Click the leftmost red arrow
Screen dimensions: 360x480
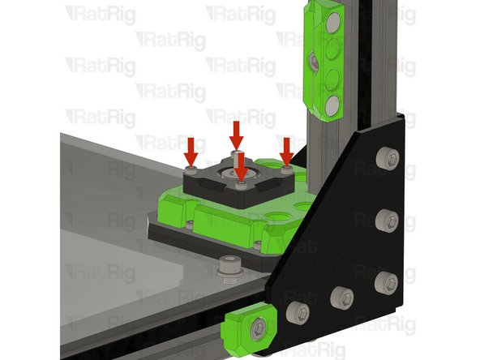[191, 150]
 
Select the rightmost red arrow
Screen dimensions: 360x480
[286, 150]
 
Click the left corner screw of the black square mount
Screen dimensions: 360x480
[191, 170]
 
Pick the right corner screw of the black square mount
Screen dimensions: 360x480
[286, 170]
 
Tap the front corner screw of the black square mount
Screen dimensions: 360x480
[240, 186]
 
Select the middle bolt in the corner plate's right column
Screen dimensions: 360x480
[388, 219]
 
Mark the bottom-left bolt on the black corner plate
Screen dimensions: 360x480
[298, 310]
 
